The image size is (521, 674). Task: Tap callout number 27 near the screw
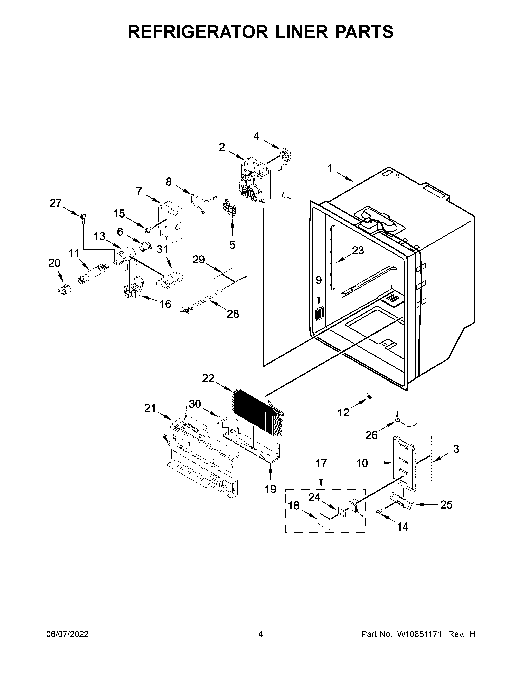pos(56,203)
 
